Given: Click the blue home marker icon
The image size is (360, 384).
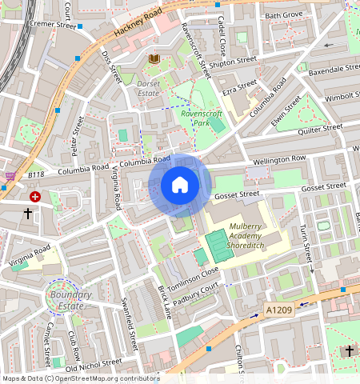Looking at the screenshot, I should click(x=180, y=185).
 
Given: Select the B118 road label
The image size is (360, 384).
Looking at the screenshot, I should click(x=37, y=174).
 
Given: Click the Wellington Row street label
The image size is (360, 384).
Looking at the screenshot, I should click(x=279, y=159).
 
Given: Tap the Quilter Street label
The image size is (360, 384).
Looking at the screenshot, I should click(x=319, y=128).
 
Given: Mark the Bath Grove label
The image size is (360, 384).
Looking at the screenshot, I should click(x=284, y=15).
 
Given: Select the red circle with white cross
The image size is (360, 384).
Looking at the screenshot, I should click(x=35, y=196).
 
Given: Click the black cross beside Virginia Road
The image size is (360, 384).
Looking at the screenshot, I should click(x=28, y=214).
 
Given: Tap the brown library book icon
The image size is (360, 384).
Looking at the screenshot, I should click(x=154, y=59).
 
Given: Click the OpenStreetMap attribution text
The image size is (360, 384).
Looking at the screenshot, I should click(x=81, y=378).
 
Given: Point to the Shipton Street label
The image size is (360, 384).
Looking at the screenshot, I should click(x=234, y=60).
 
